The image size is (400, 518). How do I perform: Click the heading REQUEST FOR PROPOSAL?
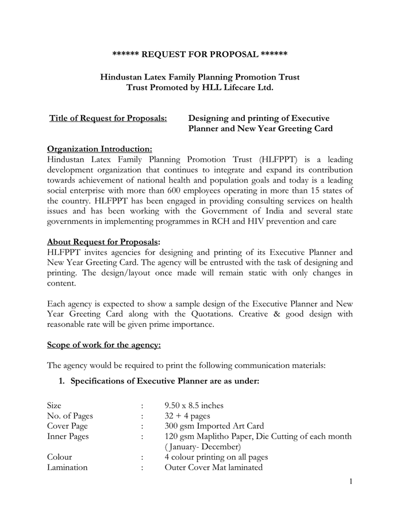(x=199, y=54)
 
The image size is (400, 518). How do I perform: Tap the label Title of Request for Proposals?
(x=108, y=119)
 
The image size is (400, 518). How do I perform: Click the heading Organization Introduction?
(x=99, y=148)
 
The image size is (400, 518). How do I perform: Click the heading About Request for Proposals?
(x=104, y=242)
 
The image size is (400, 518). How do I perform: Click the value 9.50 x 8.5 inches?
(x=194, y=406)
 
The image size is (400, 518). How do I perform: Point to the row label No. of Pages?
(x=70, y=416)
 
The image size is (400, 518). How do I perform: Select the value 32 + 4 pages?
(x=187, y=416)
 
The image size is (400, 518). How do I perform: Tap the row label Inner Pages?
(x=68, y=437)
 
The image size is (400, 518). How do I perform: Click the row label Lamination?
(x=67, y=467)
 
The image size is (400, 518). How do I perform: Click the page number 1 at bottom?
(x=350, y=481)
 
